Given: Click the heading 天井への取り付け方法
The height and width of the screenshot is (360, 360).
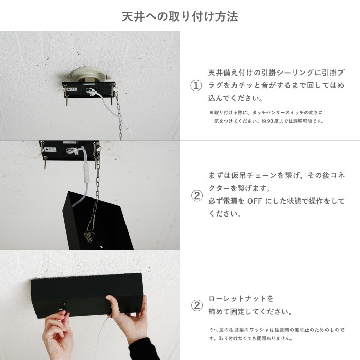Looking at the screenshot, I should pyautogui.click(x=179, y=16).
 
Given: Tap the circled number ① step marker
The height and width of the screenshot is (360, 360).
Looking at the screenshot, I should pyautogui.click(x=195, y=86).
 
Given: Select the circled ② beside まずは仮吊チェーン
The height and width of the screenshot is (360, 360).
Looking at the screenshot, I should pyautogui.click(x=196, y=195).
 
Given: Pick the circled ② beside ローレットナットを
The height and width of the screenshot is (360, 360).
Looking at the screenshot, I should pyautogui.click(x=196, y=305).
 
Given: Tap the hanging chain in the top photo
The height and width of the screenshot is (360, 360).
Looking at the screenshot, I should pyautogui.click(x=119, y=116).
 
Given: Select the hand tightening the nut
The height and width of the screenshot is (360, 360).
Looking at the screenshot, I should pyautogui.click(x=59, y=332).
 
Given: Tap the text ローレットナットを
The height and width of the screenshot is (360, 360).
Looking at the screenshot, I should pyautogui.click(x=241, y=299).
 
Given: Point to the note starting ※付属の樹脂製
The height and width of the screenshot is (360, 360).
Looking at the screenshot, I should pyautogui.click(x=277, y=329).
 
